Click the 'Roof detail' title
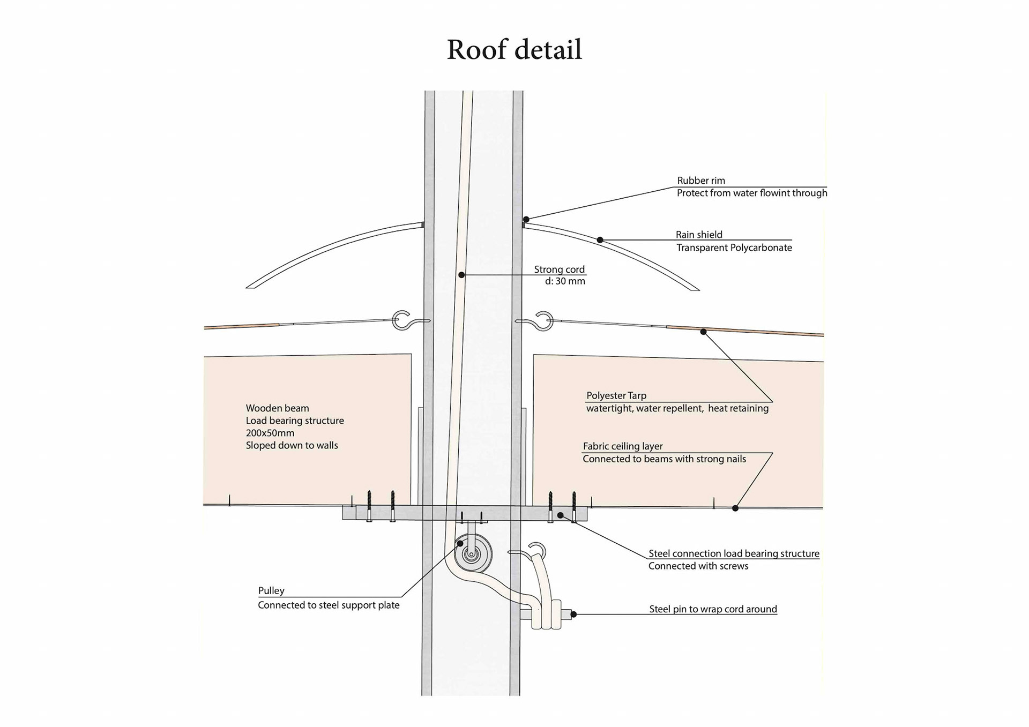pos(514,50)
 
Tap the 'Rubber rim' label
pos(700,181)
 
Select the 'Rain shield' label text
pos(698,235)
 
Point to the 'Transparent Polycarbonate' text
pos(734,248)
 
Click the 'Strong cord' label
pos(559,269)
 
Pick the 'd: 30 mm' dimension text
pos(565,281)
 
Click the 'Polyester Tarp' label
pos(616,396)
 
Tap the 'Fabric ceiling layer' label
pos(622,446)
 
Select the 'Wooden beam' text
pos(277,408)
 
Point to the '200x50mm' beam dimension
pos(270,433)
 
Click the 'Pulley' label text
pos(271,591)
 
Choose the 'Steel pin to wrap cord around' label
pos(712,609)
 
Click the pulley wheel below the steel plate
pos(472,554)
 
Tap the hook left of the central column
pos(403,320)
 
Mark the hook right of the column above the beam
pos(542,321)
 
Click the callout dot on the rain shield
pos(600,240)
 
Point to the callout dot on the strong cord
pos(461,275)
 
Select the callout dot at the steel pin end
pos(573,614)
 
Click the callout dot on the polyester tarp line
pos(703,332)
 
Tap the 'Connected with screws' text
pos(698,566)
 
